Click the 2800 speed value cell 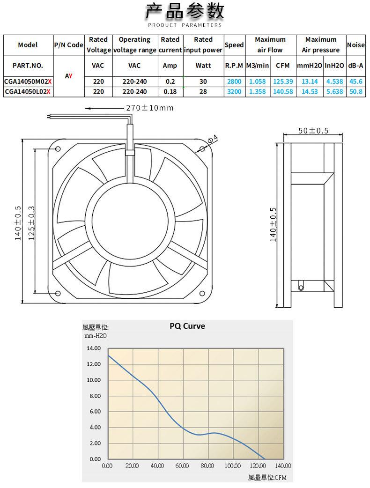[x=234, y=81]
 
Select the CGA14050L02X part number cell [x=27, y=91]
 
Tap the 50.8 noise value [x=355, y=91]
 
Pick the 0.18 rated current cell [x=170, y=91]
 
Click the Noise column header [x=355, y=45]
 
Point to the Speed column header [x=234, y=45]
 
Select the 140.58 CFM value [x=283, y=91]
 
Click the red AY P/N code [x=68, y=76]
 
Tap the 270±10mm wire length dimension [x=150, y=108]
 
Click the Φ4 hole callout [x=213, y=139]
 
